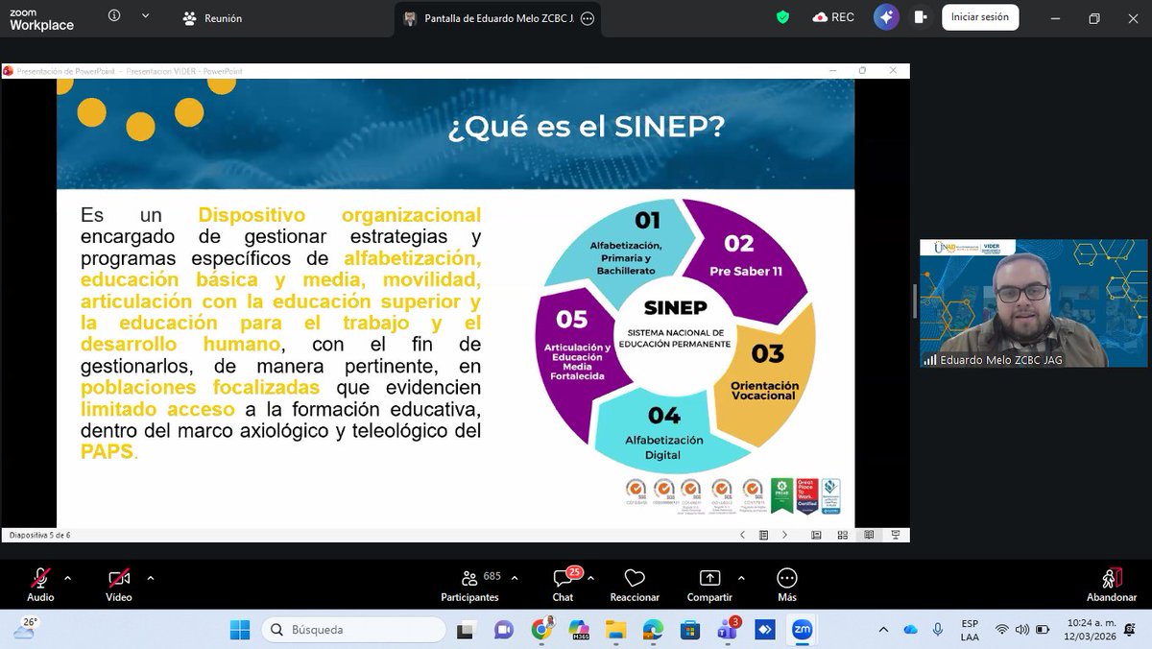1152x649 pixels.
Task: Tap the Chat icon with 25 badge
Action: click(564, 579)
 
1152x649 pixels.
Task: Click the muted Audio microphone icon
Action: click(40, 578)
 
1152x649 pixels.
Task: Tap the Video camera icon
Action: click(119, 578)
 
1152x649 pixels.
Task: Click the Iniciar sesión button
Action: click(979, 17)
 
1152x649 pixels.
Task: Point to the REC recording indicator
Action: click(832, 17)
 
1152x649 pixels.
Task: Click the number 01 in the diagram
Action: click(647, 221)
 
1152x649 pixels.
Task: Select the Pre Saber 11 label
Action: click(745, 271)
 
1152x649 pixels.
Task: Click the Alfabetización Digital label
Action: click(664, 447)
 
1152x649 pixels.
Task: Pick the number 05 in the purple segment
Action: click(572, 318)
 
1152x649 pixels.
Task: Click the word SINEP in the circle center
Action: click(675, 308)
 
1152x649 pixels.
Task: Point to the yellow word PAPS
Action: click(107, 451)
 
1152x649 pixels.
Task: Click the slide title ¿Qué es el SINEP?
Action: click(586, 128)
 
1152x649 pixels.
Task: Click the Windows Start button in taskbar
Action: click(239, 630)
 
